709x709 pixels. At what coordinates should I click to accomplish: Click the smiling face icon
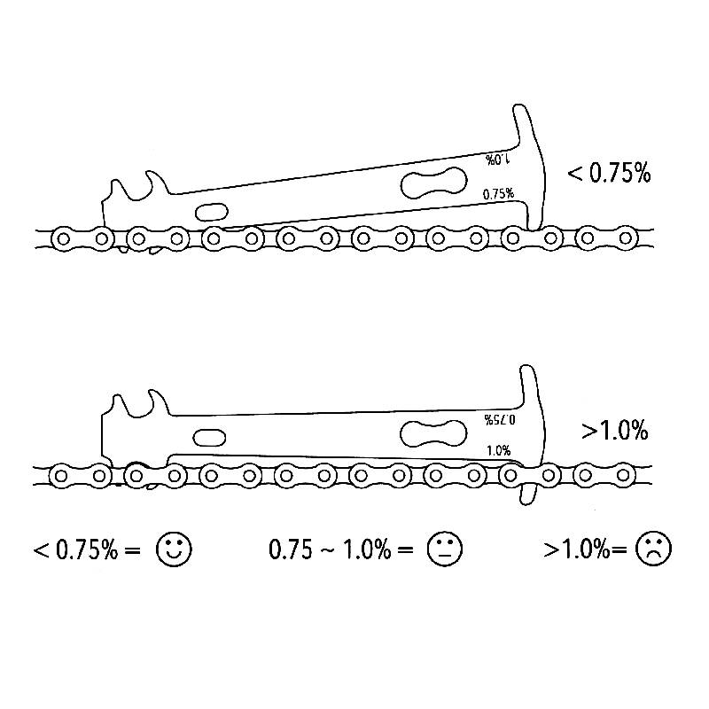[x=174, y=549]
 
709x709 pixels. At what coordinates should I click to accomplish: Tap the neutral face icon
[x=445, y=549]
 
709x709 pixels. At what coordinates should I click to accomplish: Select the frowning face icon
[x=653, y=549]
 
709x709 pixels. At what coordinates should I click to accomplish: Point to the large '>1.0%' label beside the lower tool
[x=615, y=430]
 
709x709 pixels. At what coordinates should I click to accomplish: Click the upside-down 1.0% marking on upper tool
[x=497, y=160]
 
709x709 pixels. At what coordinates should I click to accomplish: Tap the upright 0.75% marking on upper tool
[x=498, y=194]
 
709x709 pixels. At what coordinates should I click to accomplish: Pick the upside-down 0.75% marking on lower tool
[x=500, y=420]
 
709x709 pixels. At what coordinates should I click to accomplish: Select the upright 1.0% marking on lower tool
[x=499, y=450]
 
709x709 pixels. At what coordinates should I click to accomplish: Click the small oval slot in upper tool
[x=212, y=212]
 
